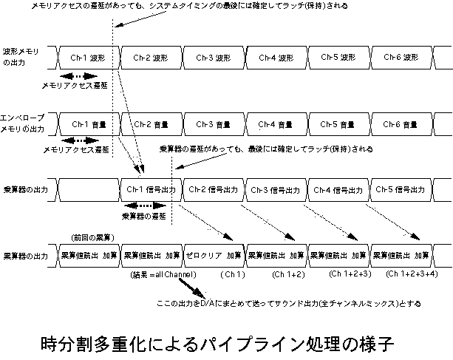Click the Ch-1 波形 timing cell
(x=88, y=57)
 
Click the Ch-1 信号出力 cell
(x=151, y=190)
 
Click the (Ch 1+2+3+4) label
(x=412, y=274)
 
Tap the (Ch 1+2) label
(x=288, y=274)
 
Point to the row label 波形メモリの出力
(x=22, y=57)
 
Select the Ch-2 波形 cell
(x=151, y=57)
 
